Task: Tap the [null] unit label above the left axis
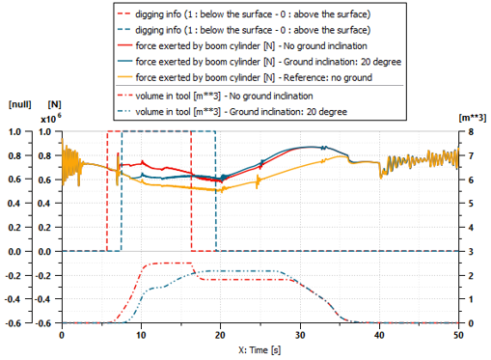point(20,103)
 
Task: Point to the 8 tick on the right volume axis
point(468,131)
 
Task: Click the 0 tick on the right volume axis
point(468,322)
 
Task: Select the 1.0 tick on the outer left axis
point(15,131)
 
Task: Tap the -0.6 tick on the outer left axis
point(14,322)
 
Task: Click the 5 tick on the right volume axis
point(468,203)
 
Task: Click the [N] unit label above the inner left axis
point(55,103)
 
